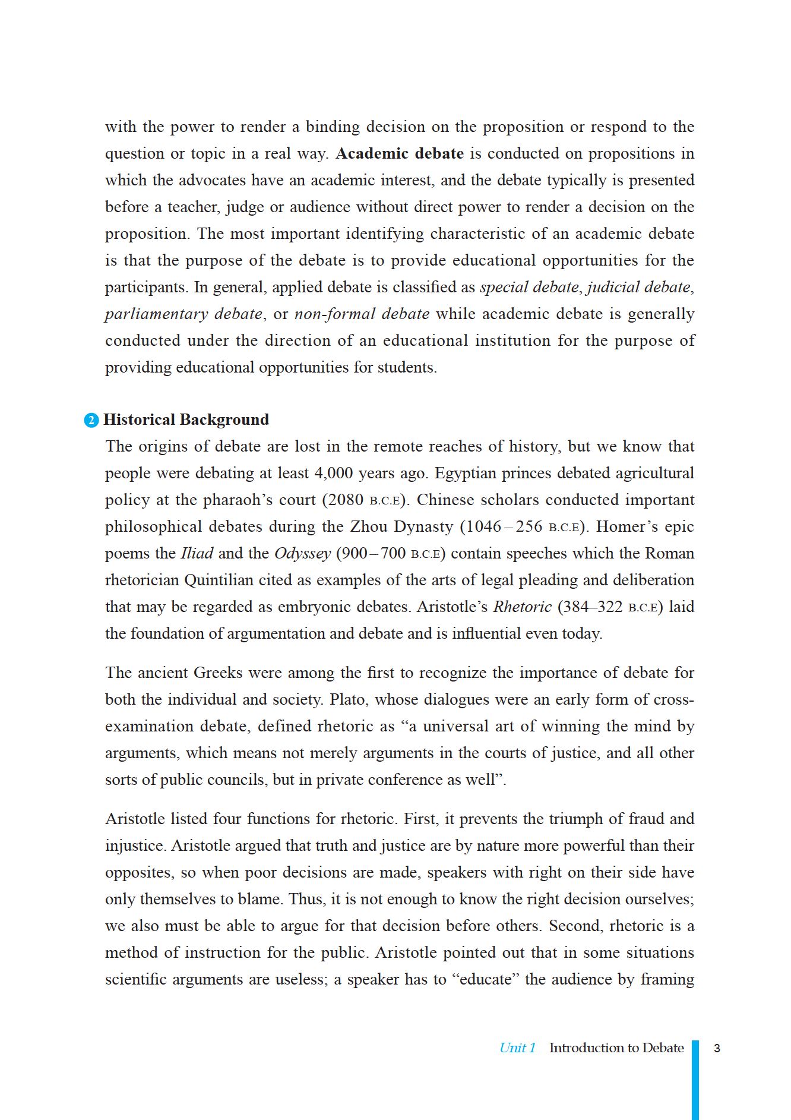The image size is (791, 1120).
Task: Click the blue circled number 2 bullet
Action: click(x=91, y=421)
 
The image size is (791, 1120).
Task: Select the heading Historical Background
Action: click(x=186, y=420)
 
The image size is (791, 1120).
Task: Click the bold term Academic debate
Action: click(x=400, y=154)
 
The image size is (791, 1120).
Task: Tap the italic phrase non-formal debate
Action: click(x=362, y=314)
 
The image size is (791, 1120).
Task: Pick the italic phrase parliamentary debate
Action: click(x=183, y=314)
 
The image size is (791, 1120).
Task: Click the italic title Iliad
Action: click(x=197, y=554)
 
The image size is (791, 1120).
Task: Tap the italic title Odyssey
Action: click(x=302, y=554)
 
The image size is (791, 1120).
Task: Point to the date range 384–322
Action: click(x=591, y=607)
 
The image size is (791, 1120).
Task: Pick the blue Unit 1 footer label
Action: click(x=517, y=1048)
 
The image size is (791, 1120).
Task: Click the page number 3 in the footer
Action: click(x=717, y=1048)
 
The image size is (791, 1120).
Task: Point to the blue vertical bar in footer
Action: click(x=695, y=1078)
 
